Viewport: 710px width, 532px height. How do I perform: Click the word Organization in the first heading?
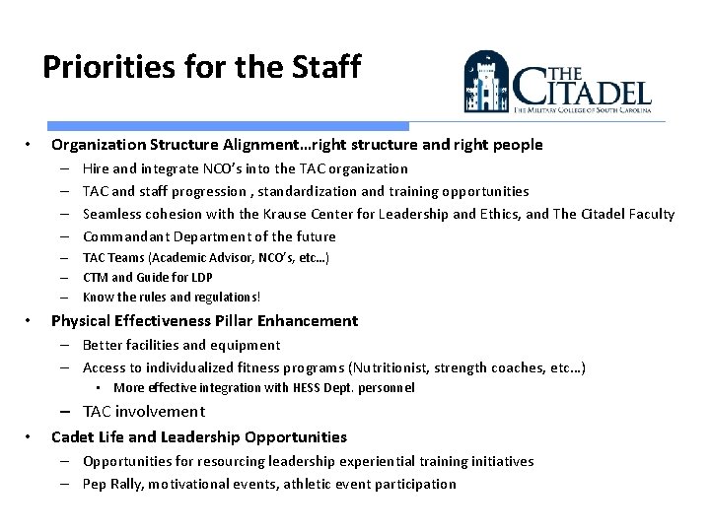coord(100,145)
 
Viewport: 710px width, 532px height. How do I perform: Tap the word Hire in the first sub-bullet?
coord(96,168)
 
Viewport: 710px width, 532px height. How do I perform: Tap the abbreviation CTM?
coord(96,277)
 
